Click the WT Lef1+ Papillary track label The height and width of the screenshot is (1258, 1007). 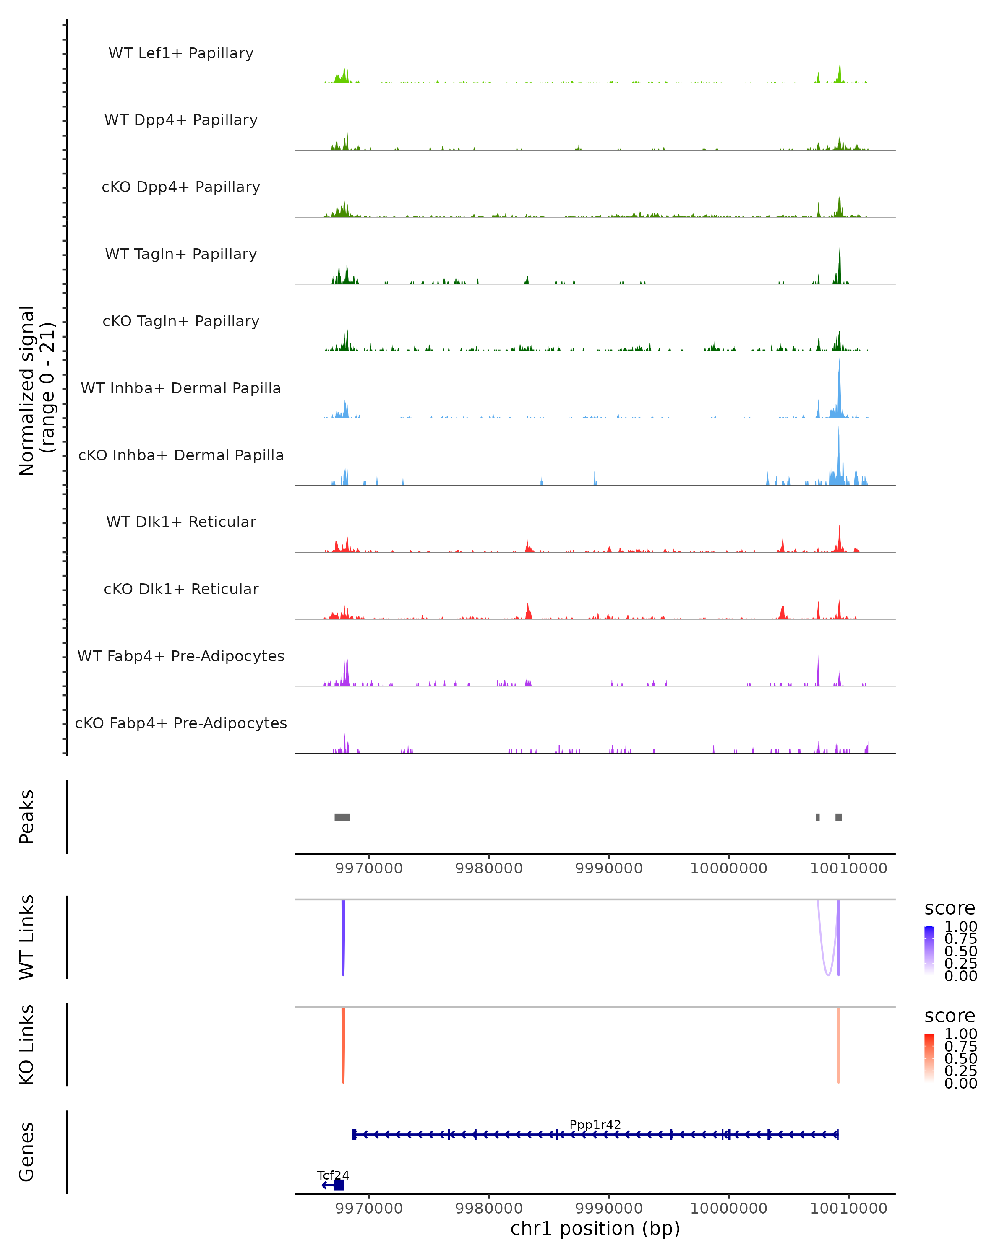[x=181, y=53]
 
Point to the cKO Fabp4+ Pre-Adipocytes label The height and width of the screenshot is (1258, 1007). [x=181, y=723]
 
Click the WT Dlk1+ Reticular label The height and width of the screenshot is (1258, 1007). [x=181, y=522]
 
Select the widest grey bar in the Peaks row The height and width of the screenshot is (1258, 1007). [x=342, y=817]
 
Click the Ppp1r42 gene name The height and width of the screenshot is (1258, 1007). [x=595, y=1124]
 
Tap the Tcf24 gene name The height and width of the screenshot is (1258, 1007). [x=333, y=1175]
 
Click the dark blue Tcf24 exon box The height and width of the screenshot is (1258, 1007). [x=339, y=1185]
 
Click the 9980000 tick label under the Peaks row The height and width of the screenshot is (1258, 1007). [x=489, y=868]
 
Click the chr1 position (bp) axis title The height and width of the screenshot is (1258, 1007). [x=595, y=1228]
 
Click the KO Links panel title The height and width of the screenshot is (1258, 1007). [x=27, y=1045]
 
